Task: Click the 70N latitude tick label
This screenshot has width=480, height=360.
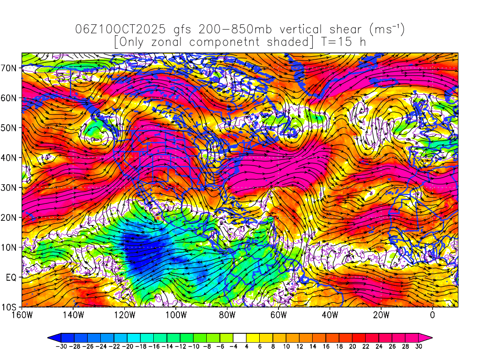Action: pyautogui.click(x=10, y=68)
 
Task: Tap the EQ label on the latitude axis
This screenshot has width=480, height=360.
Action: pyautogui.click(x=12, y=277)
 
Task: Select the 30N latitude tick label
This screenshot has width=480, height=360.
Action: pyautogui.click(x=10, y=187)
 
